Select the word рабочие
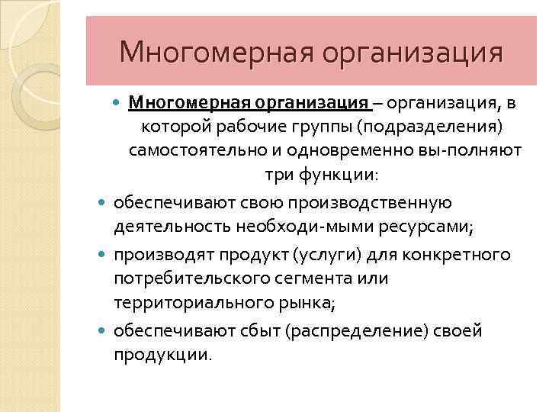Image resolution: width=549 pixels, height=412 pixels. (x=242, y=125)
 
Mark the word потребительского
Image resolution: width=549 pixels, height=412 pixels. (x=188, y=278)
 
